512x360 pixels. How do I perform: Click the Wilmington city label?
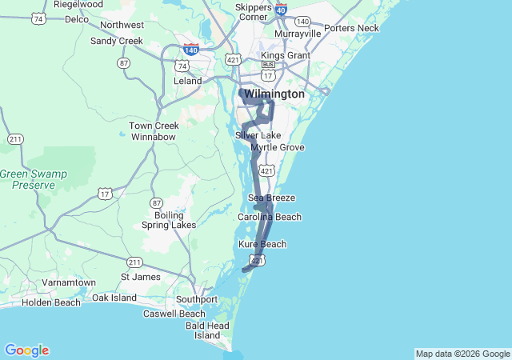[274, 94]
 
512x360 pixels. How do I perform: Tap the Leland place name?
[188, 82]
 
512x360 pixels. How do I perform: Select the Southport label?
[197, 299]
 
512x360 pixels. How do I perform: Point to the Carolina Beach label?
[270, 217]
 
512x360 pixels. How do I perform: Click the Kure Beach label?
[262, 244]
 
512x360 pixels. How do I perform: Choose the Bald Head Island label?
[207, 330]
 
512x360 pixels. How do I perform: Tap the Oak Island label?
[114, 298]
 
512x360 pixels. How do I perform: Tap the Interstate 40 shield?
[281, 9]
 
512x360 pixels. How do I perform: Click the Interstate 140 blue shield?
[190, 49]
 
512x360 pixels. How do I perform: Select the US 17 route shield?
[105, 194]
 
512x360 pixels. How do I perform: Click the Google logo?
[26, 350]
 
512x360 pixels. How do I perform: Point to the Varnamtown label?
[69, 283]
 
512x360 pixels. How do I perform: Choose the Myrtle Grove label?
[278, 147]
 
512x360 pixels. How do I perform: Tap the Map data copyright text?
[462, 354]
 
